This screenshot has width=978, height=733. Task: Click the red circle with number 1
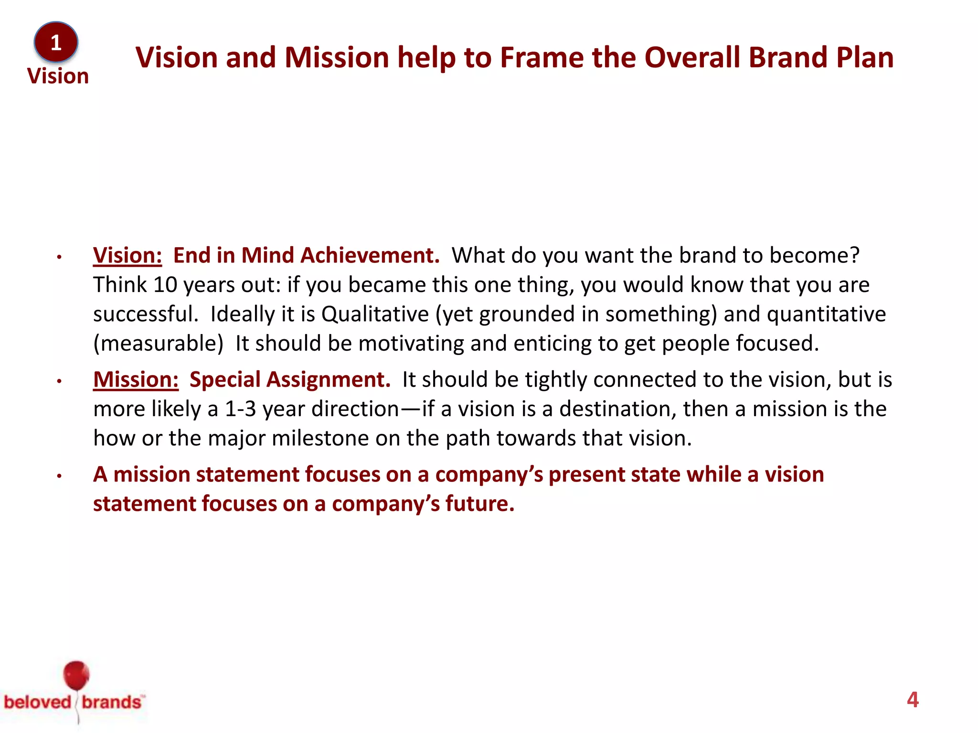pos(56,42)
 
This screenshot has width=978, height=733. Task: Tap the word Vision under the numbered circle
pos(58,76)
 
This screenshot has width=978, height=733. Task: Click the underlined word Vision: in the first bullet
pos(128,255)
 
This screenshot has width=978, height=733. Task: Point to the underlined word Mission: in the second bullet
pos(136,379)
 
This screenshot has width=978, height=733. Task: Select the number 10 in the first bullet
pos(165,285)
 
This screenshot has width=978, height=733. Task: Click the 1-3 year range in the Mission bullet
pos(240,409)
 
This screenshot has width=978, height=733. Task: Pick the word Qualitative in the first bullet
pos(375,314)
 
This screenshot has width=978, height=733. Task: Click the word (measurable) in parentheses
pos(158,344)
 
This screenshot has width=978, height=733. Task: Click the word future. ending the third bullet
pos(479,504)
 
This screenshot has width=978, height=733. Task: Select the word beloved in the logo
pos(37,702)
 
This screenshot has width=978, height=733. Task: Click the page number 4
pos(913,700)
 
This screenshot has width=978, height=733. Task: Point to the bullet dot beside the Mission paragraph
pos(59,381)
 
